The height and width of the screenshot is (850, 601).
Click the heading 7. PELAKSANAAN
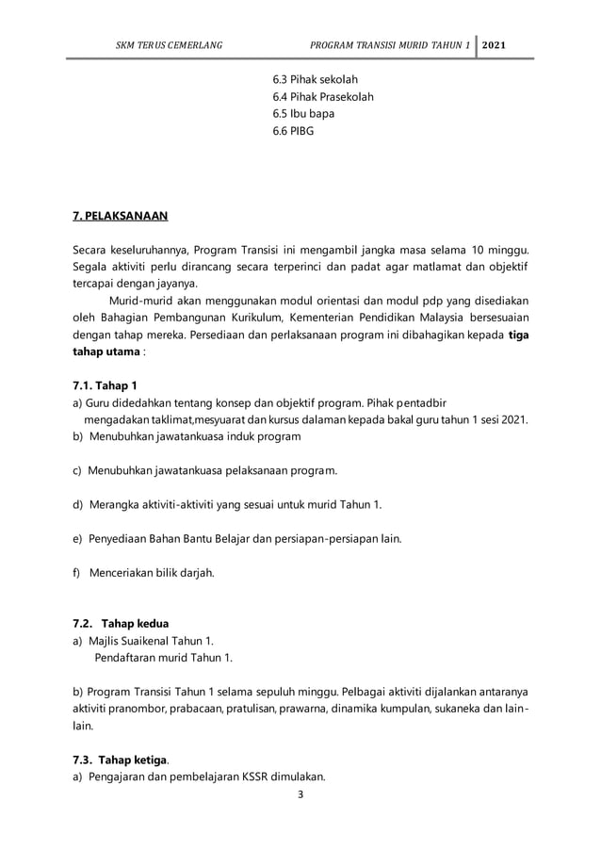click(x=120, y=217)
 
